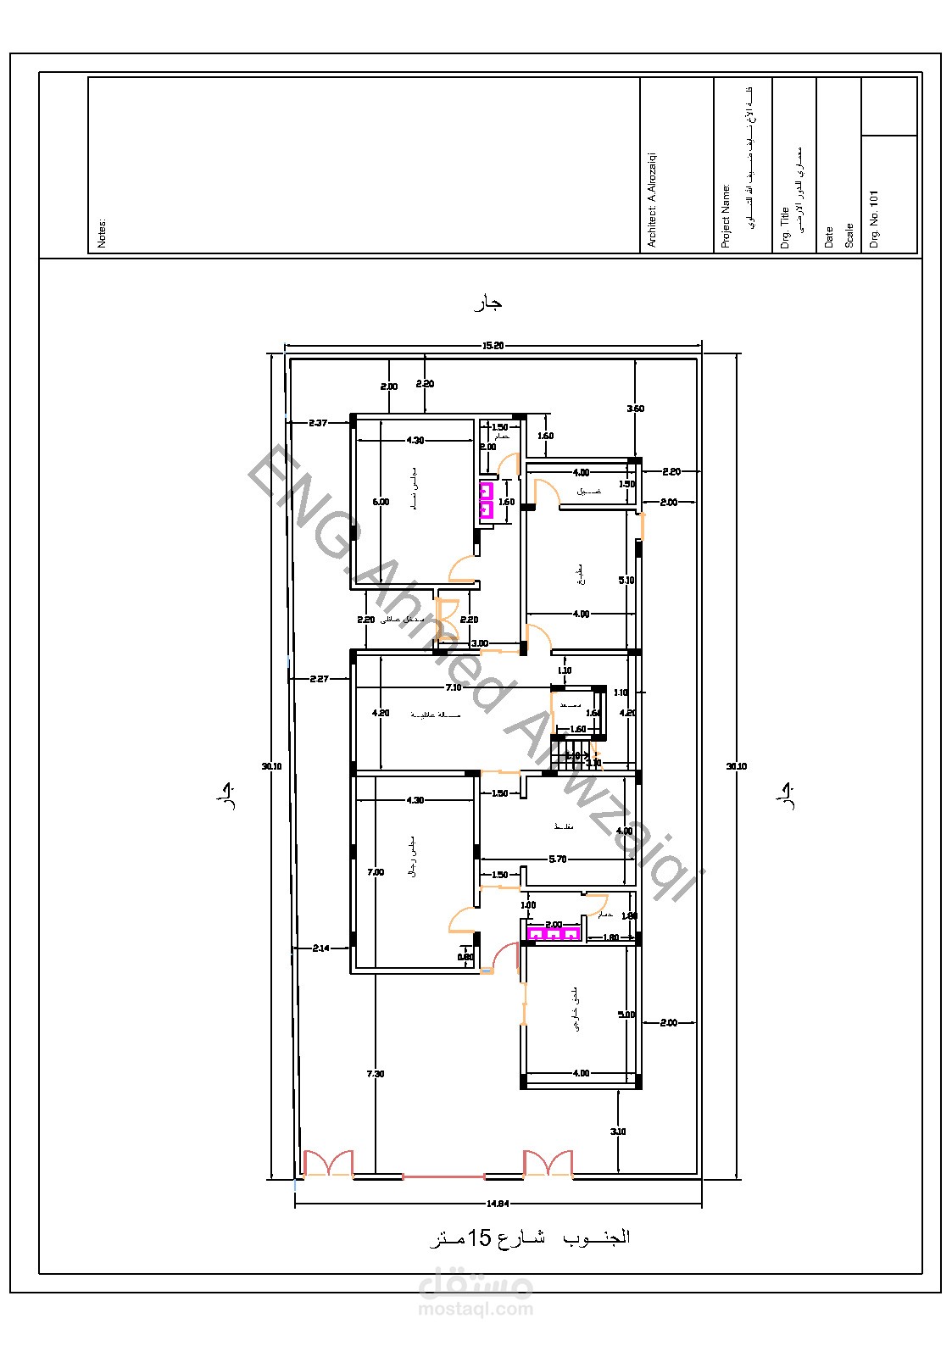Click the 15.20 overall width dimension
(x=493, y=345)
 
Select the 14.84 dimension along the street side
(x=498, y=1203)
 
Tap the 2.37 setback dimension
(x=318, y=422)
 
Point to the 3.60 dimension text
(x=635, y=409)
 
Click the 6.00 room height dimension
(x=381, y=502)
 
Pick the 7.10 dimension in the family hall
(x=454, y=687)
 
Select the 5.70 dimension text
(x=557, y=859)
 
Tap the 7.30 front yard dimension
(x=375, y=1074)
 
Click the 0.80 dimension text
(x=465, y=957)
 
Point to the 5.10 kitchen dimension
(x=626, y=581)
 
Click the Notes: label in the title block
(x=103, y=233)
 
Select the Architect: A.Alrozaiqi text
(x=652, y=200)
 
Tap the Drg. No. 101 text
(x=875, y=219)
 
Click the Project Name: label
(x=726, y=216)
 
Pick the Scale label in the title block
(x=849, y=236)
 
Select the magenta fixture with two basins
(x=486, y=500)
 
